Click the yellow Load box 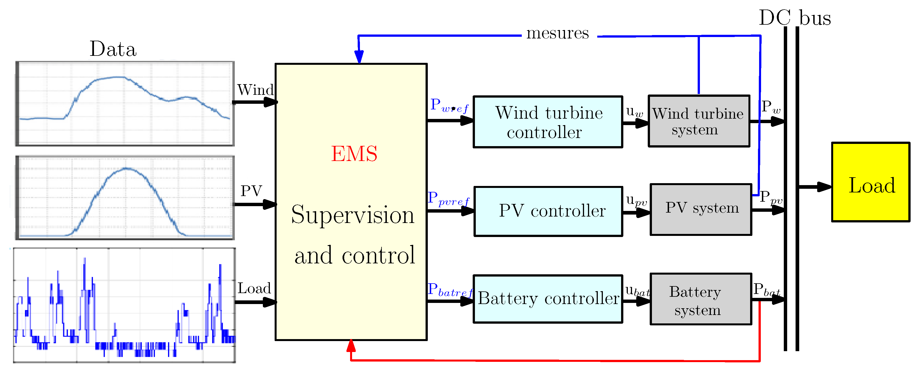point(870,182)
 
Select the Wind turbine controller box point(548,122)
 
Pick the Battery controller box point(548,299)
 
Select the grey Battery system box point(701,299)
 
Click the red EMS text point(354,154)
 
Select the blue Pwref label point(449,106)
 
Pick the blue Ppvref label point(448,198)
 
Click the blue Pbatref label point(449,290)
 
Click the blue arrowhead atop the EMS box point(359,57)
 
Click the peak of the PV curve point(126,168)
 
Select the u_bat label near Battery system point(637,291)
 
